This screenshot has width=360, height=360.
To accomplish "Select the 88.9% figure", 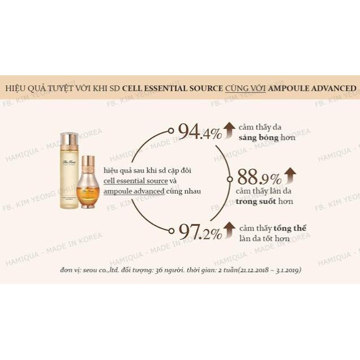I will tap(259, 178).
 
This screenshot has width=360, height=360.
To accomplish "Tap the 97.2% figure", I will tap(200, 231).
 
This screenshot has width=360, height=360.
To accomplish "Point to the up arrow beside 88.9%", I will tap(290, 175).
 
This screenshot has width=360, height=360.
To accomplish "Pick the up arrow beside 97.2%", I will tap(229, 229).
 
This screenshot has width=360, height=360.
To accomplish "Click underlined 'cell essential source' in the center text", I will tap(135, 181).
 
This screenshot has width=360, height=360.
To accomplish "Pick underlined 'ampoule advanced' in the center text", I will tap(134, 191).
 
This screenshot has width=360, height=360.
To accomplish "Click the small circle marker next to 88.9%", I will tap(230, 179).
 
